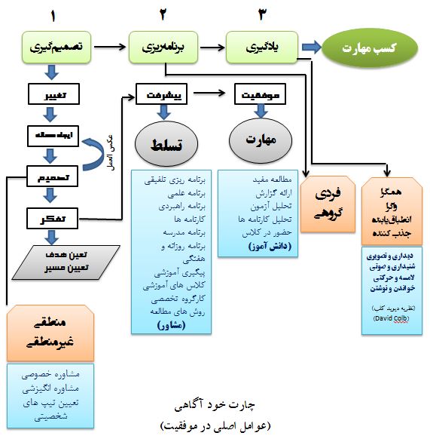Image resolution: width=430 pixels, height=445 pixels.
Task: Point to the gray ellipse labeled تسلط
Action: click(163, 143)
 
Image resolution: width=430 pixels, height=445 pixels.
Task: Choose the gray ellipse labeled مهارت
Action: click(259, 140)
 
